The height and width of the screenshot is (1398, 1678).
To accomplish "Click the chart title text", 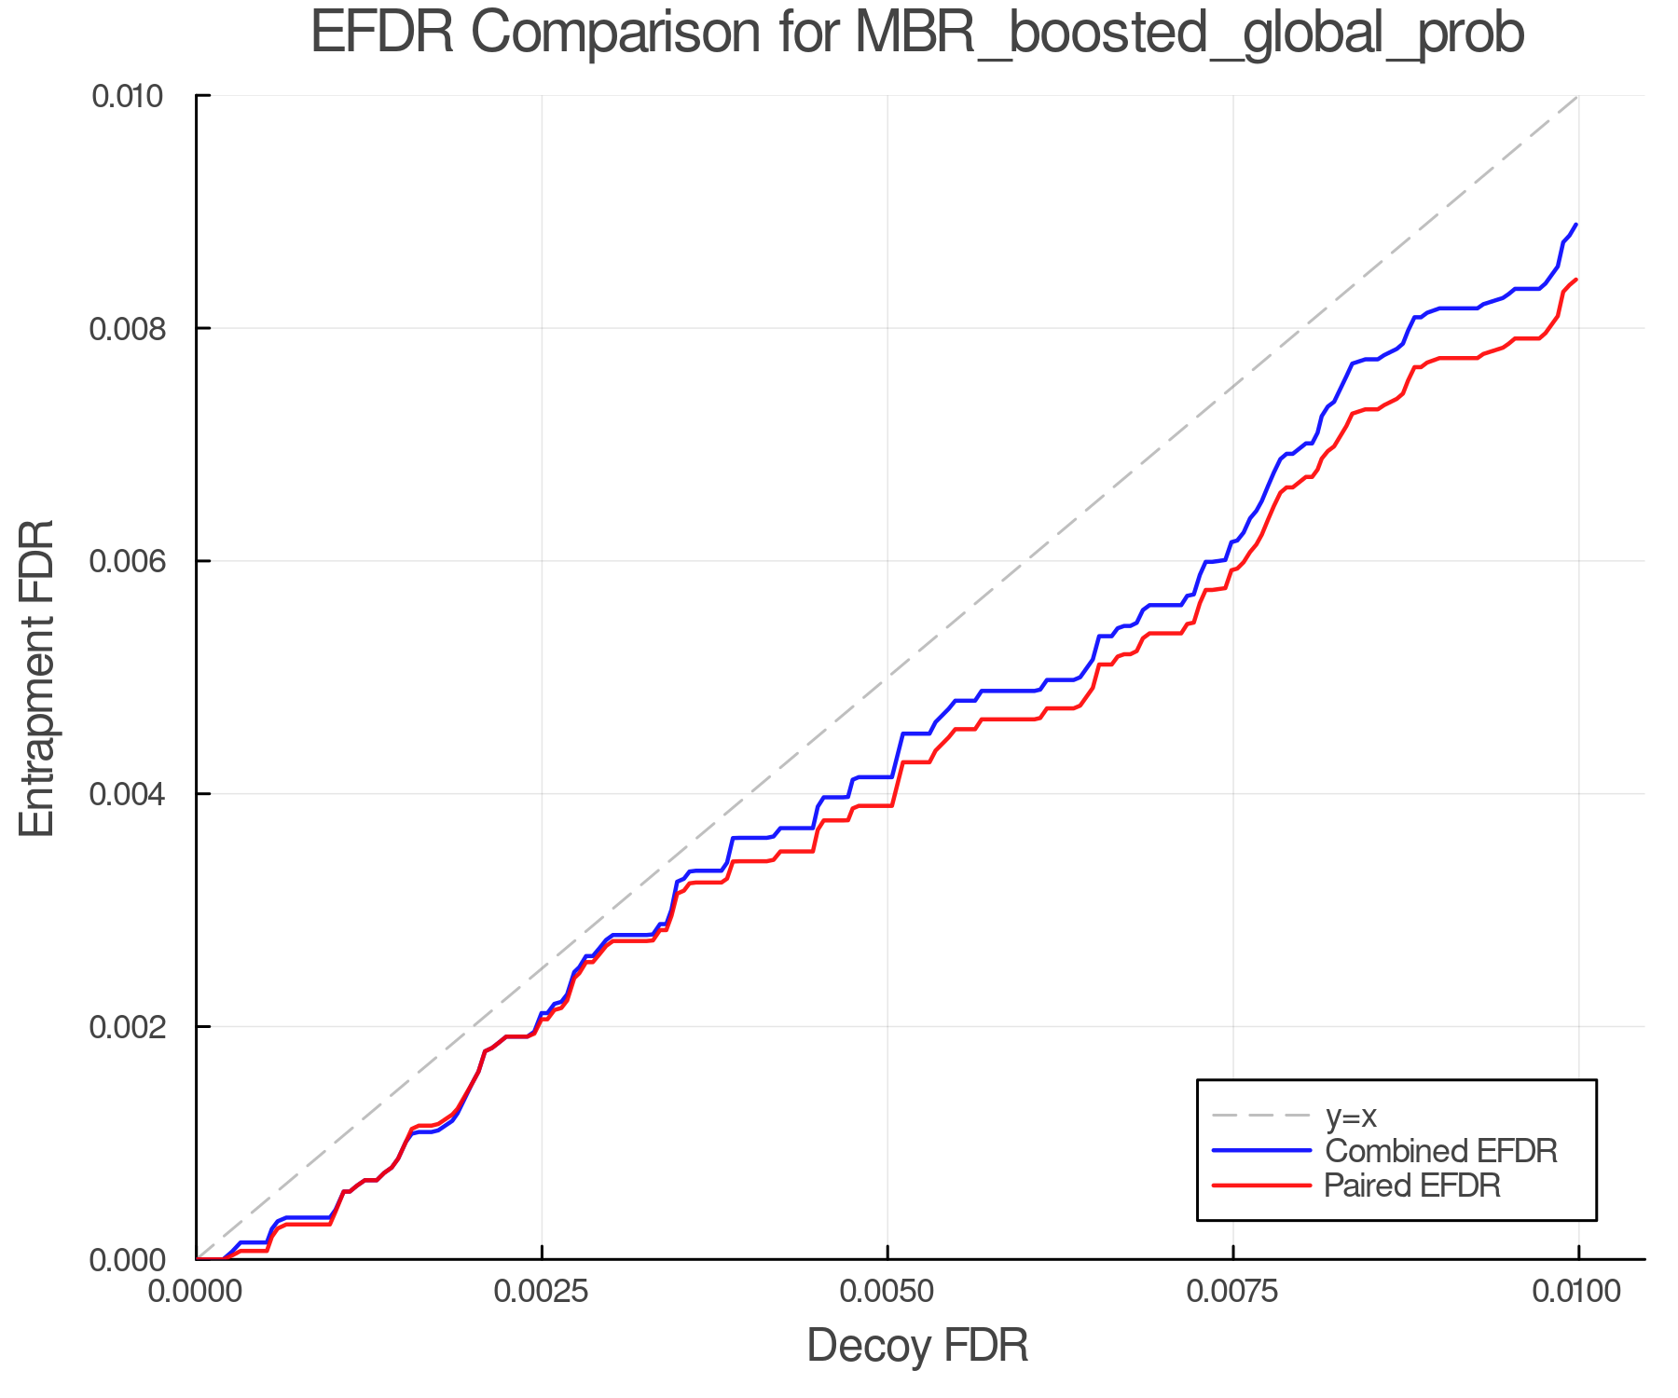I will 916,34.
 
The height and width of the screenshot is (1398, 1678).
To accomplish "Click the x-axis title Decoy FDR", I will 916,1345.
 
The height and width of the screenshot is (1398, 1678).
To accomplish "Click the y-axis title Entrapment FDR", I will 38,678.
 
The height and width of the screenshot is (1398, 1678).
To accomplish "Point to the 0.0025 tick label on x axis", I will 542,1292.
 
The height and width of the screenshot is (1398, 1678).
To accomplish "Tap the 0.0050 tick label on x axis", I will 887,1292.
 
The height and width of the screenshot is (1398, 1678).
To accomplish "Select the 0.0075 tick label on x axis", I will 1232,1292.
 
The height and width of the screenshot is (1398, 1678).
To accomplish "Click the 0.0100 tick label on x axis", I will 1577,1292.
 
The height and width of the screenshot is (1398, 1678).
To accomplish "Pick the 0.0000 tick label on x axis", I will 197,1292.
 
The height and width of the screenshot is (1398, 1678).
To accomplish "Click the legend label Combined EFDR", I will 1440,1151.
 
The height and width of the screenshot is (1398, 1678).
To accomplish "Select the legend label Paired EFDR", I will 1412,1186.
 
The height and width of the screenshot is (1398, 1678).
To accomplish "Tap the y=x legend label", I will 1351,1116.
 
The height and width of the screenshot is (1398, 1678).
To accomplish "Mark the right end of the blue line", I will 1576,225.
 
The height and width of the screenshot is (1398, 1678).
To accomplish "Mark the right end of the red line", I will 1576,280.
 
